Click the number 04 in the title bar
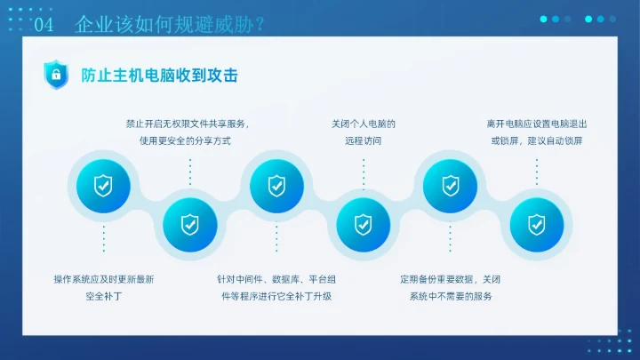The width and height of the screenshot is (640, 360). click(x=44, y=25)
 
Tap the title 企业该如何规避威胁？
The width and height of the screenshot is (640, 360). click(x=169, y=24)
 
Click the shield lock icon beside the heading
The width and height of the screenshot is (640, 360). click(x=56, y=76)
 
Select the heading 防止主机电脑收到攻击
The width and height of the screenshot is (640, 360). click(x=159, y=76)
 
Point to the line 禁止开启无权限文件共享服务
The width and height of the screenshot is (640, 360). click(x=187, y=124)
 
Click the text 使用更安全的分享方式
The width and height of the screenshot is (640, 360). click(x=185, y=141)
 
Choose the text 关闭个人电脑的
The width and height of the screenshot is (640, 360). click(x=363, y=124)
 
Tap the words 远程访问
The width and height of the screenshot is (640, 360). click(x=362, y=141)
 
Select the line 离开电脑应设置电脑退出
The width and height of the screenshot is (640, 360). click(x=537, y=124)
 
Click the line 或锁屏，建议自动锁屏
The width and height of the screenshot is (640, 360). click(x=537, y=141)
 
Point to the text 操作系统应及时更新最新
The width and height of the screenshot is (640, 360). click(x=103, y=279)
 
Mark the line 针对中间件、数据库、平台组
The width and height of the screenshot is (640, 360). click(x=276, y=279)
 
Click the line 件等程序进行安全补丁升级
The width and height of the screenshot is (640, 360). click(x=276, y=296)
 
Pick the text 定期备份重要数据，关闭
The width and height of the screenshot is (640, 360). click(x=450, y=279)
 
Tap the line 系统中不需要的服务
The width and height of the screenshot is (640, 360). click(x=450, y=296)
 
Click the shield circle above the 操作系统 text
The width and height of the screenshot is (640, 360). click(x=103, y=186)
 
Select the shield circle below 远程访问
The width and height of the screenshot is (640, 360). click(x=363, y=223)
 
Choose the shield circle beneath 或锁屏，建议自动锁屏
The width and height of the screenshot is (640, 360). click(x=536, y=223)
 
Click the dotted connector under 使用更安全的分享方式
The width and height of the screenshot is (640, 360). click(x=189, y=172)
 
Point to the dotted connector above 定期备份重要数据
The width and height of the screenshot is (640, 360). click(x=450, y=238)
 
